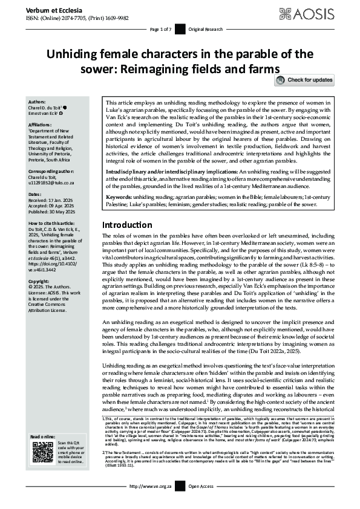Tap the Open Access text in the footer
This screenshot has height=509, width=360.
coord(201,502)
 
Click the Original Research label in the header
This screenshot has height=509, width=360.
coord(205,29)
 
